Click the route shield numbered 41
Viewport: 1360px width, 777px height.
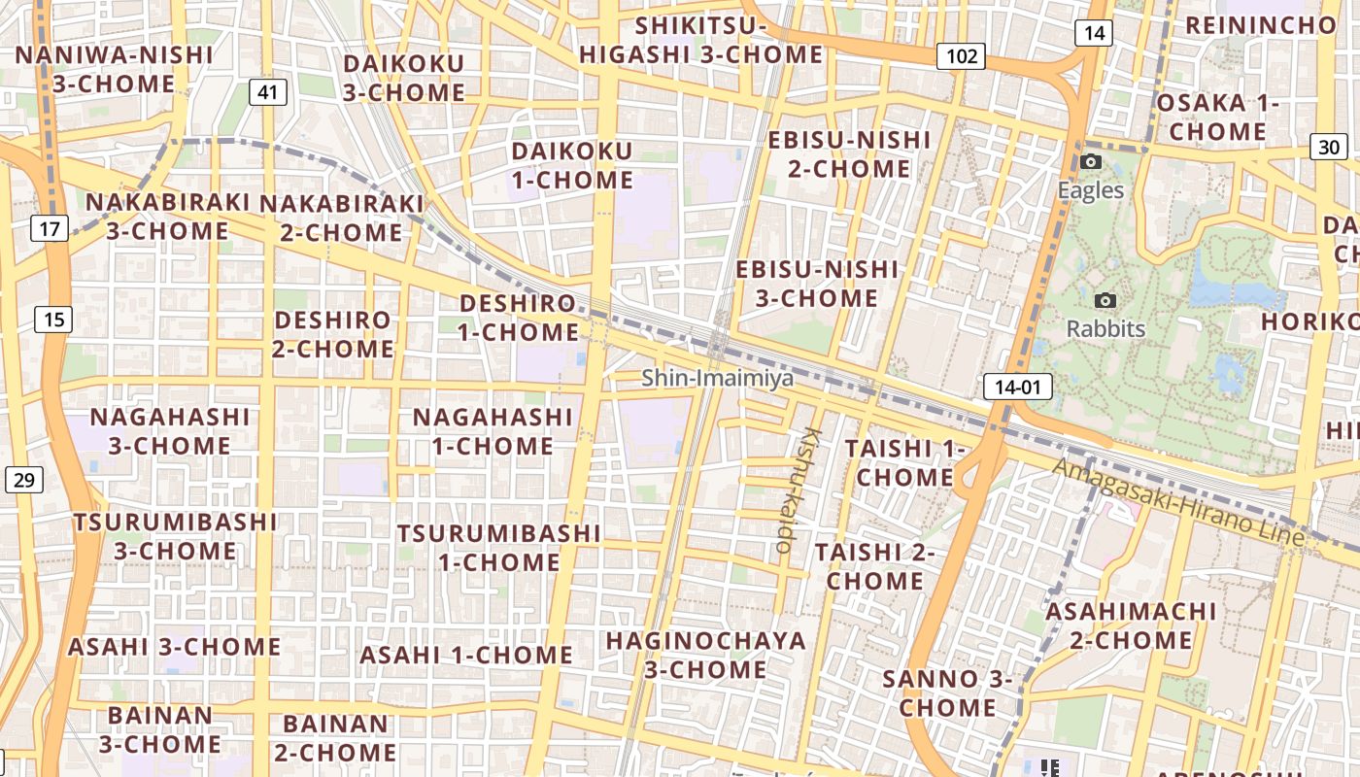pos(268,93)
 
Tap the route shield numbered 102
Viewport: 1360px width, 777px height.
pos(961,56)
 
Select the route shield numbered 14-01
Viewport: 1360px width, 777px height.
pos(1017,388)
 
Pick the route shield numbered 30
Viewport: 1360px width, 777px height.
pos(1328,147)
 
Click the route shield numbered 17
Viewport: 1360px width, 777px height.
pos(50,229)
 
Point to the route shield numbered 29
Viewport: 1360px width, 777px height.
pos(24,479)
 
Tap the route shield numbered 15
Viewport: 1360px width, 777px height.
pos(53,319)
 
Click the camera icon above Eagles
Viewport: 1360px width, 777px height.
pos(1091,162)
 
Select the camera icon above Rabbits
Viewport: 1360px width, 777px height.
pos(1105,301)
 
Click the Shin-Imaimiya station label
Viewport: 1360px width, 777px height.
pos(717,378)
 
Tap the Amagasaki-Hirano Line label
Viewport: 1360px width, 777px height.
pos(1179,502)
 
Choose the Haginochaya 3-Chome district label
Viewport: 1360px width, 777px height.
pos(705,656)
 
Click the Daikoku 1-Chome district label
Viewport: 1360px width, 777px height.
pos(572,165)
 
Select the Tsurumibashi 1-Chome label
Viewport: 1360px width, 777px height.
pos(498,548)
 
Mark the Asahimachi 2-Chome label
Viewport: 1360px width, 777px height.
pos(1131,626)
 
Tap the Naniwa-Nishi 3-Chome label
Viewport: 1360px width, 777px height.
pos(114,69)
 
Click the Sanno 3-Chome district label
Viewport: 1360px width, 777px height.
pos(947,693)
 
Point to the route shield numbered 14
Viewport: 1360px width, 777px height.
pos(1093,33)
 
